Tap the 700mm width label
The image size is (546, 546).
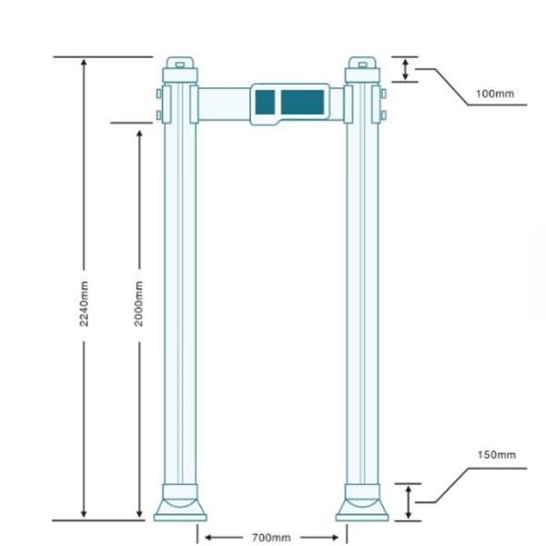pyautogui.click(x=270, y=538)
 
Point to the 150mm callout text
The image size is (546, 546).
pyautogui.click(x=496, y=454)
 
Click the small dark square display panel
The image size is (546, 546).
pyautogui.click(x=265, y=102)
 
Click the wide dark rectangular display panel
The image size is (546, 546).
pyautogui.click(x=302, y=102)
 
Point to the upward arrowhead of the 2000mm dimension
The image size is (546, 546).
pyautogui.click(x=139, y=133)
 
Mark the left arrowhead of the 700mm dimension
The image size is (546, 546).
pyautogui.click(x=203, y=537)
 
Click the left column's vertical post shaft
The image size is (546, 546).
pyautogui.click(x=180, y=300)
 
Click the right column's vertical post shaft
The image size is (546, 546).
pyautogui.click(x=362, y=300)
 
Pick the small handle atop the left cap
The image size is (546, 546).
pyautogui.click(x=180, y=64)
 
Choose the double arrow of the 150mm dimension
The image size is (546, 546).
pyautogui.click(x=409, y=501)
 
